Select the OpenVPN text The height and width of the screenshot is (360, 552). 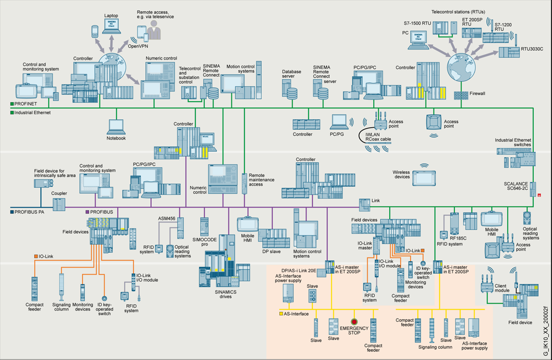pyautogui.click(x=138, y=46)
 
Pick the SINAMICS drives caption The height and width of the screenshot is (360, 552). pyautogui.click(x=222, y=293)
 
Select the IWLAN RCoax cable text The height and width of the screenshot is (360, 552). pyautogui.click(x=375, y=136)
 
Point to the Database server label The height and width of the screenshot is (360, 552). pyautogui.click(x=291, y=75)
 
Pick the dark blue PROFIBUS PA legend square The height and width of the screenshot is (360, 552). pyautogui.click(x=12, y=211)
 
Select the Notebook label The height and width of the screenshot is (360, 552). pyautogui.click(x=116, y=138)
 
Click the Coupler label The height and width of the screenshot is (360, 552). pyautogui.click(x=59, y=194)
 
